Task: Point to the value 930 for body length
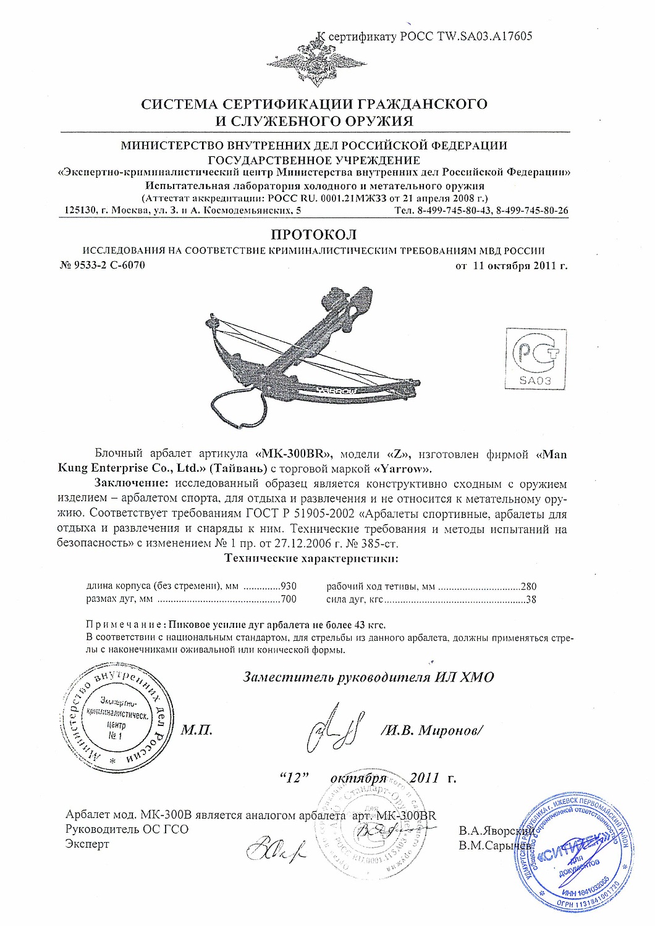[x=289, y=586]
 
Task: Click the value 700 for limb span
[x=289, y=599]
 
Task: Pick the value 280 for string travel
[x=528, y=586]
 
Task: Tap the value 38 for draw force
[x=530, y=599]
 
